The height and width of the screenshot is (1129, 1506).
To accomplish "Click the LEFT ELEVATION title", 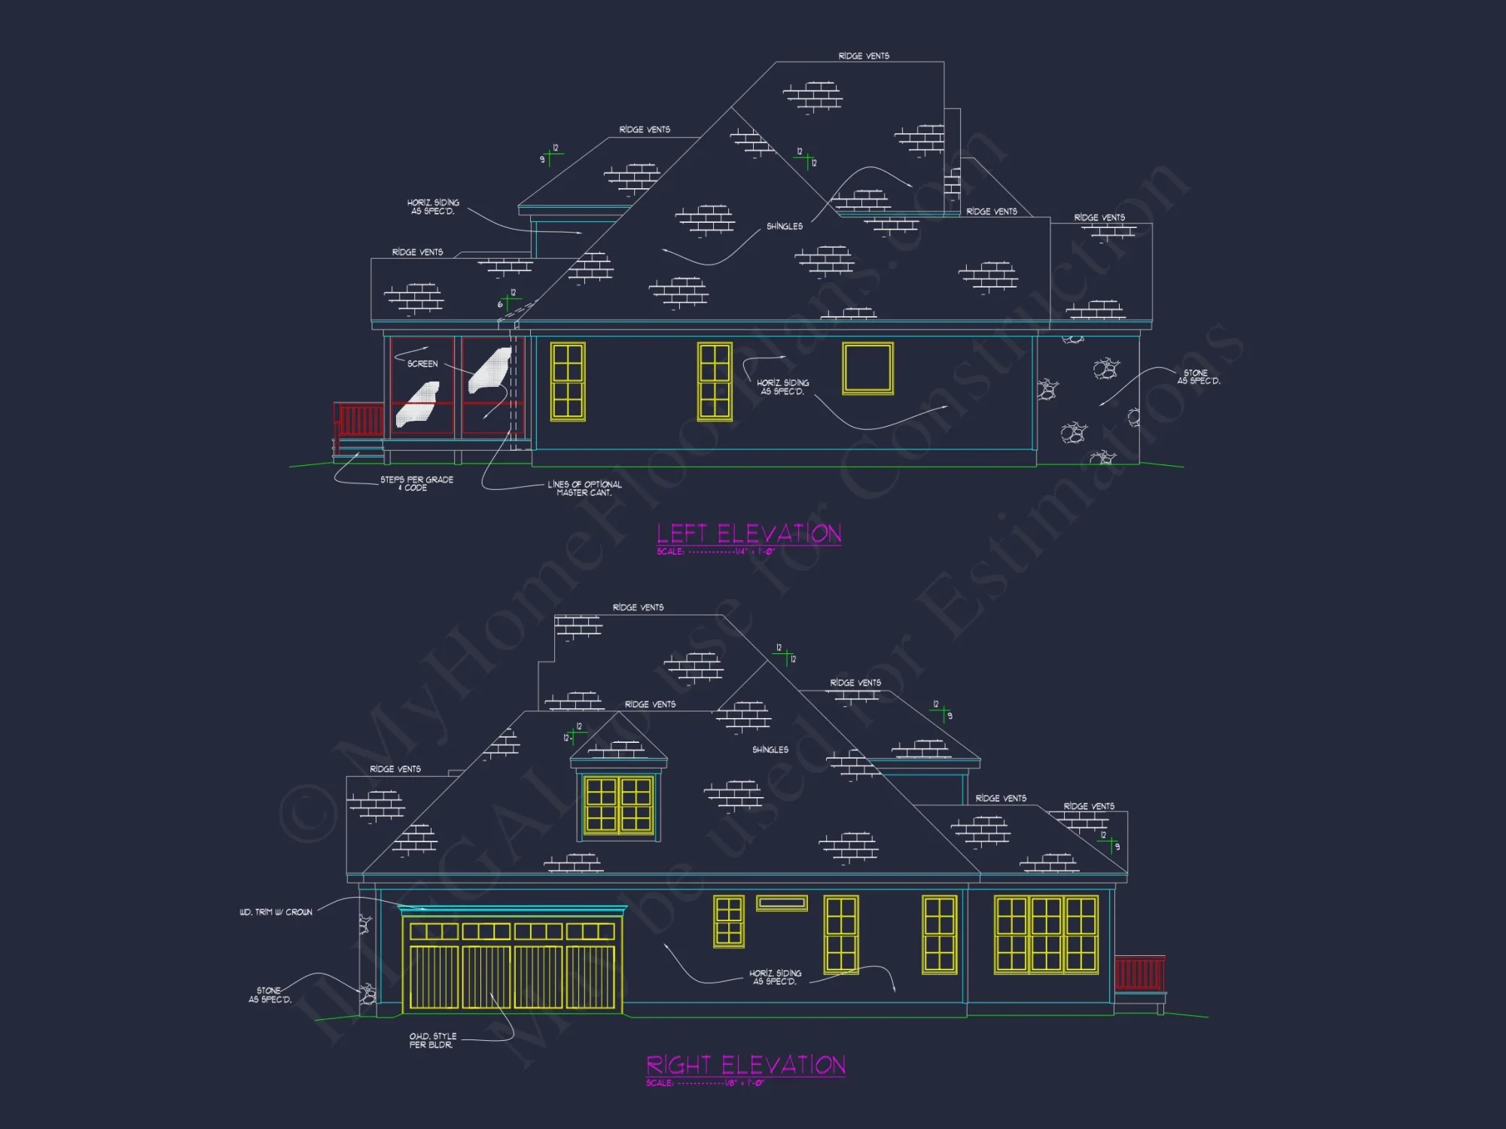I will coord(748,534).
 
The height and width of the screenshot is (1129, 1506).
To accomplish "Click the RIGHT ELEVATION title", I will coord(745,1065).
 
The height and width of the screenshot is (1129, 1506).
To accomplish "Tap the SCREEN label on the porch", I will coord(422,364).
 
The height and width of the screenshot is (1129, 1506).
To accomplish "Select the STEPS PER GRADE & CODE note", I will coord(416,483).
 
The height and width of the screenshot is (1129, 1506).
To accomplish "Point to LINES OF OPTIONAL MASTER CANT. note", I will coord(584,488).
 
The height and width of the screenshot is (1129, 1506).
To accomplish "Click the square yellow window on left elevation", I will coord(867,368).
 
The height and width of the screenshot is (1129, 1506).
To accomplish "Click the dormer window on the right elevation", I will coord(618,805).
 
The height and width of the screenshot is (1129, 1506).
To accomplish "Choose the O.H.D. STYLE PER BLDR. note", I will coord(432,1040).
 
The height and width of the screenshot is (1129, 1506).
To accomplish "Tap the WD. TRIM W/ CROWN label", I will coord(276,912).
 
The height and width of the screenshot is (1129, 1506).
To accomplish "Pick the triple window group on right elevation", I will coord(1046,934).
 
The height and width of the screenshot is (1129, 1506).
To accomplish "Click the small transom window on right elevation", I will coord(782,902).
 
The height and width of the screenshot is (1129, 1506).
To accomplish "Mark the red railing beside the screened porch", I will coord(358,419).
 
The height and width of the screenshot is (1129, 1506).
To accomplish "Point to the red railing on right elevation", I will coord(1139,972).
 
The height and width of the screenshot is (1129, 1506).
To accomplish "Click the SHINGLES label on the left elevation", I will coord(785,227).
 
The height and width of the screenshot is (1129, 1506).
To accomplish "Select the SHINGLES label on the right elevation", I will coord(770,750).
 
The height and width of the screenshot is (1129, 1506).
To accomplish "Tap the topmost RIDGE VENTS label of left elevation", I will coord(864,56).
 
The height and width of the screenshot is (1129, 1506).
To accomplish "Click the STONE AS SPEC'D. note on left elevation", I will coord(1198,377).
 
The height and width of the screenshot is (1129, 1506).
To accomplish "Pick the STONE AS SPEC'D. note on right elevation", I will coord(270,995).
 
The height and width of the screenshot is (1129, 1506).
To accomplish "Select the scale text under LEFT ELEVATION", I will coord(715,552).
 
